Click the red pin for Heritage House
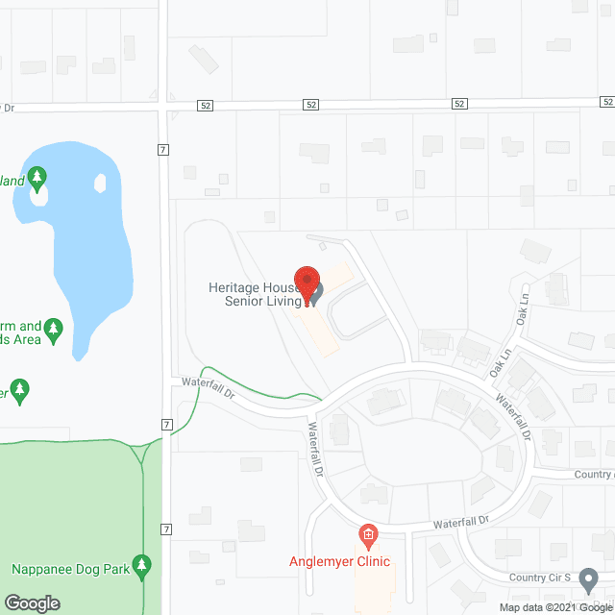click(306, 283)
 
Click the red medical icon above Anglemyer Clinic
click(366, 533)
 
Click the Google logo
click(31, 603)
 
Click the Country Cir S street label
click(541, 578)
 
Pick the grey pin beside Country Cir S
click(589, 578)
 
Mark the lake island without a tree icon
click(101, 182)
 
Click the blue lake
click(91, 250)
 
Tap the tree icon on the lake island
click(37, 178)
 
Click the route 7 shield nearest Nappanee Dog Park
click(166, 529)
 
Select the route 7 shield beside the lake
click(165, 150)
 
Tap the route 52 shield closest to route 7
click(206, 104)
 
